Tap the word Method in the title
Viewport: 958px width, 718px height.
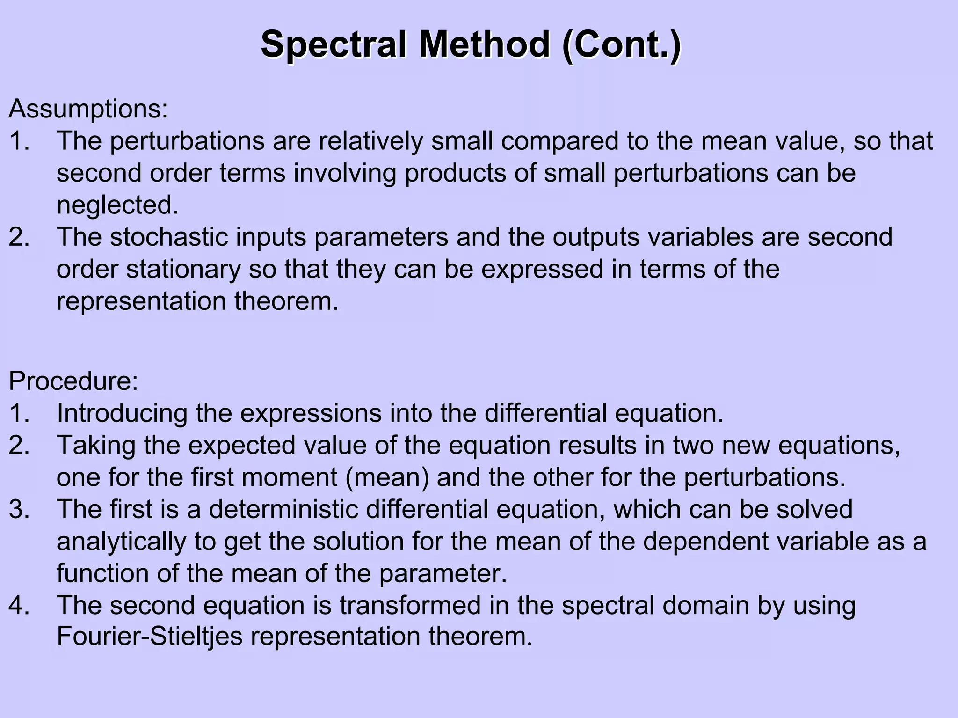click(x=484, y=44)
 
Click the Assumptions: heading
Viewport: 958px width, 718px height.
click(x=88, y=109)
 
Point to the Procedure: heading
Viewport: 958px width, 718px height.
click(x=73, y=381)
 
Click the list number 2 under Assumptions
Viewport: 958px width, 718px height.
click(x=19, y=237)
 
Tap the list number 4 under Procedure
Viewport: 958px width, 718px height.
click(x=19, y=605)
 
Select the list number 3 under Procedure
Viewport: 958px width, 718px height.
click(x=19, y=509)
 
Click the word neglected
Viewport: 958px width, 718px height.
click(x=117, y=205)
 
